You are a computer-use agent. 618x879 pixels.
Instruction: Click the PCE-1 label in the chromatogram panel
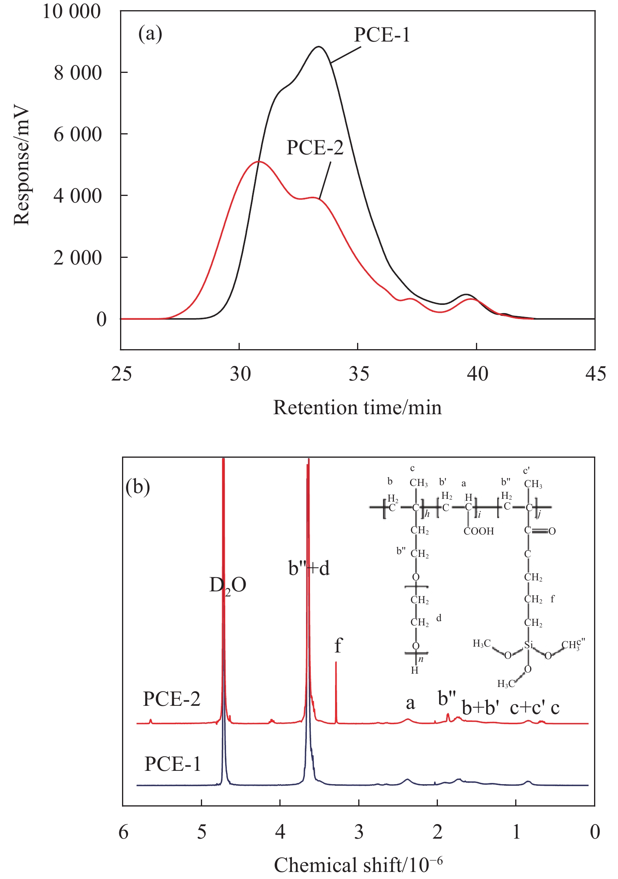point(382,35)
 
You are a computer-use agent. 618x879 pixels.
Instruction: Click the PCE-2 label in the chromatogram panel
point(315,148)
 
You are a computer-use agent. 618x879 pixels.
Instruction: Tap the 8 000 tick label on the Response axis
point(78,73)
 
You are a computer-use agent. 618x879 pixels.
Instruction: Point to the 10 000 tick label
point(71,11)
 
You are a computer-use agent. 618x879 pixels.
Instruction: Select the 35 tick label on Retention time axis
point(359,374)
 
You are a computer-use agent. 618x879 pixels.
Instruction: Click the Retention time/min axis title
point(357,408)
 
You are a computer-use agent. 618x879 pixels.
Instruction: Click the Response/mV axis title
point(22,165)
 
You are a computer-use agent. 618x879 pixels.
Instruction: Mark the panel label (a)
point(150,34)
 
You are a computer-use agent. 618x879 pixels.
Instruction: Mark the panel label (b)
point(137,487)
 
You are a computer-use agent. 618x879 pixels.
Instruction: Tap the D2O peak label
point(228,585)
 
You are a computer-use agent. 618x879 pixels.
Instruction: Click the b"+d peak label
point(309,568)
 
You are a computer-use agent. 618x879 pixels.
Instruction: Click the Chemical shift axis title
point(358,865)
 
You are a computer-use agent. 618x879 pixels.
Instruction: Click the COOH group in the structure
point(479,531)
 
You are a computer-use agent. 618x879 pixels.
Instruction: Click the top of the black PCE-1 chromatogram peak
point(319,47)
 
